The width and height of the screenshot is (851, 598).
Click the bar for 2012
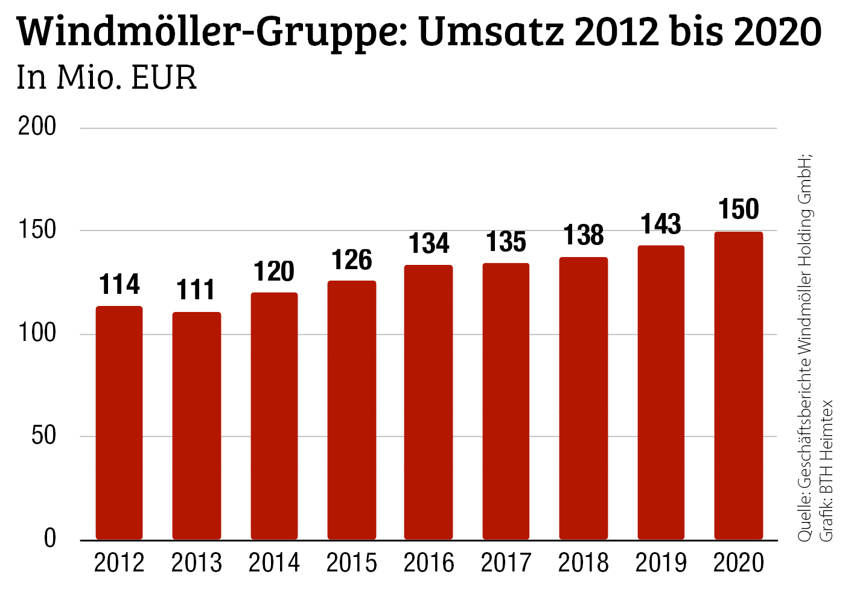(120, 422)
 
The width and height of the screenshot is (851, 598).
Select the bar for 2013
(197, 425)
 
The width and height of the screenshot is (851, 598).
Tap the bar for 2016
(429, 402)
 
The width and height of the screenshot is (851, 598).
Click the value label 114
(120, 284)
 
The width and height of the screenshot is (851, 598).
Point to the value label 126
(352, 260)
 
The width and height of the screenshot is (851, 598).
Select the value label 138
(584, 235)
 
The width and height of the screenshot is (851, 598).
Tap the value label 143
(661, 224)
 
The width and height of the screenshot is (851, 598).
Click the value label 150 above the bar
(739, 209)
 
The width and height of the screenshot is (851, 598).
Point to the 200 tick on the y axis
(37, 127)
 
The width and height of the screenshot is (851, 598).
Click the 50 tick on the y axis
(43, 435)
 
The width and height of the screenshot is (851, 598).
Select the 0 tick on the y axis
(50, 538)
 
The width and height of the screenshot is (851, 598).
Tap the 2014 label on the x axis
(274, 563)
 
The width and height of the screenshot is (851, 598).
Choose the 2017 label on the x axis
(506, 563)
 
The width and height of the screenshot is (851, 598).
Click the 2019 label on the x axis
(661, 563)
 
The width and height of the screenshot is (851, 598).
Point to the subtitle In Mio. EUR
(107, 78)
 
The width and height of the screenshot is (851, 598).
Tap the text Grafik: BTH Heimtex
(826, 471)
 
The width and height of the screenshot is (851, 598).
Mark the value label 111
(196, 290)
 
